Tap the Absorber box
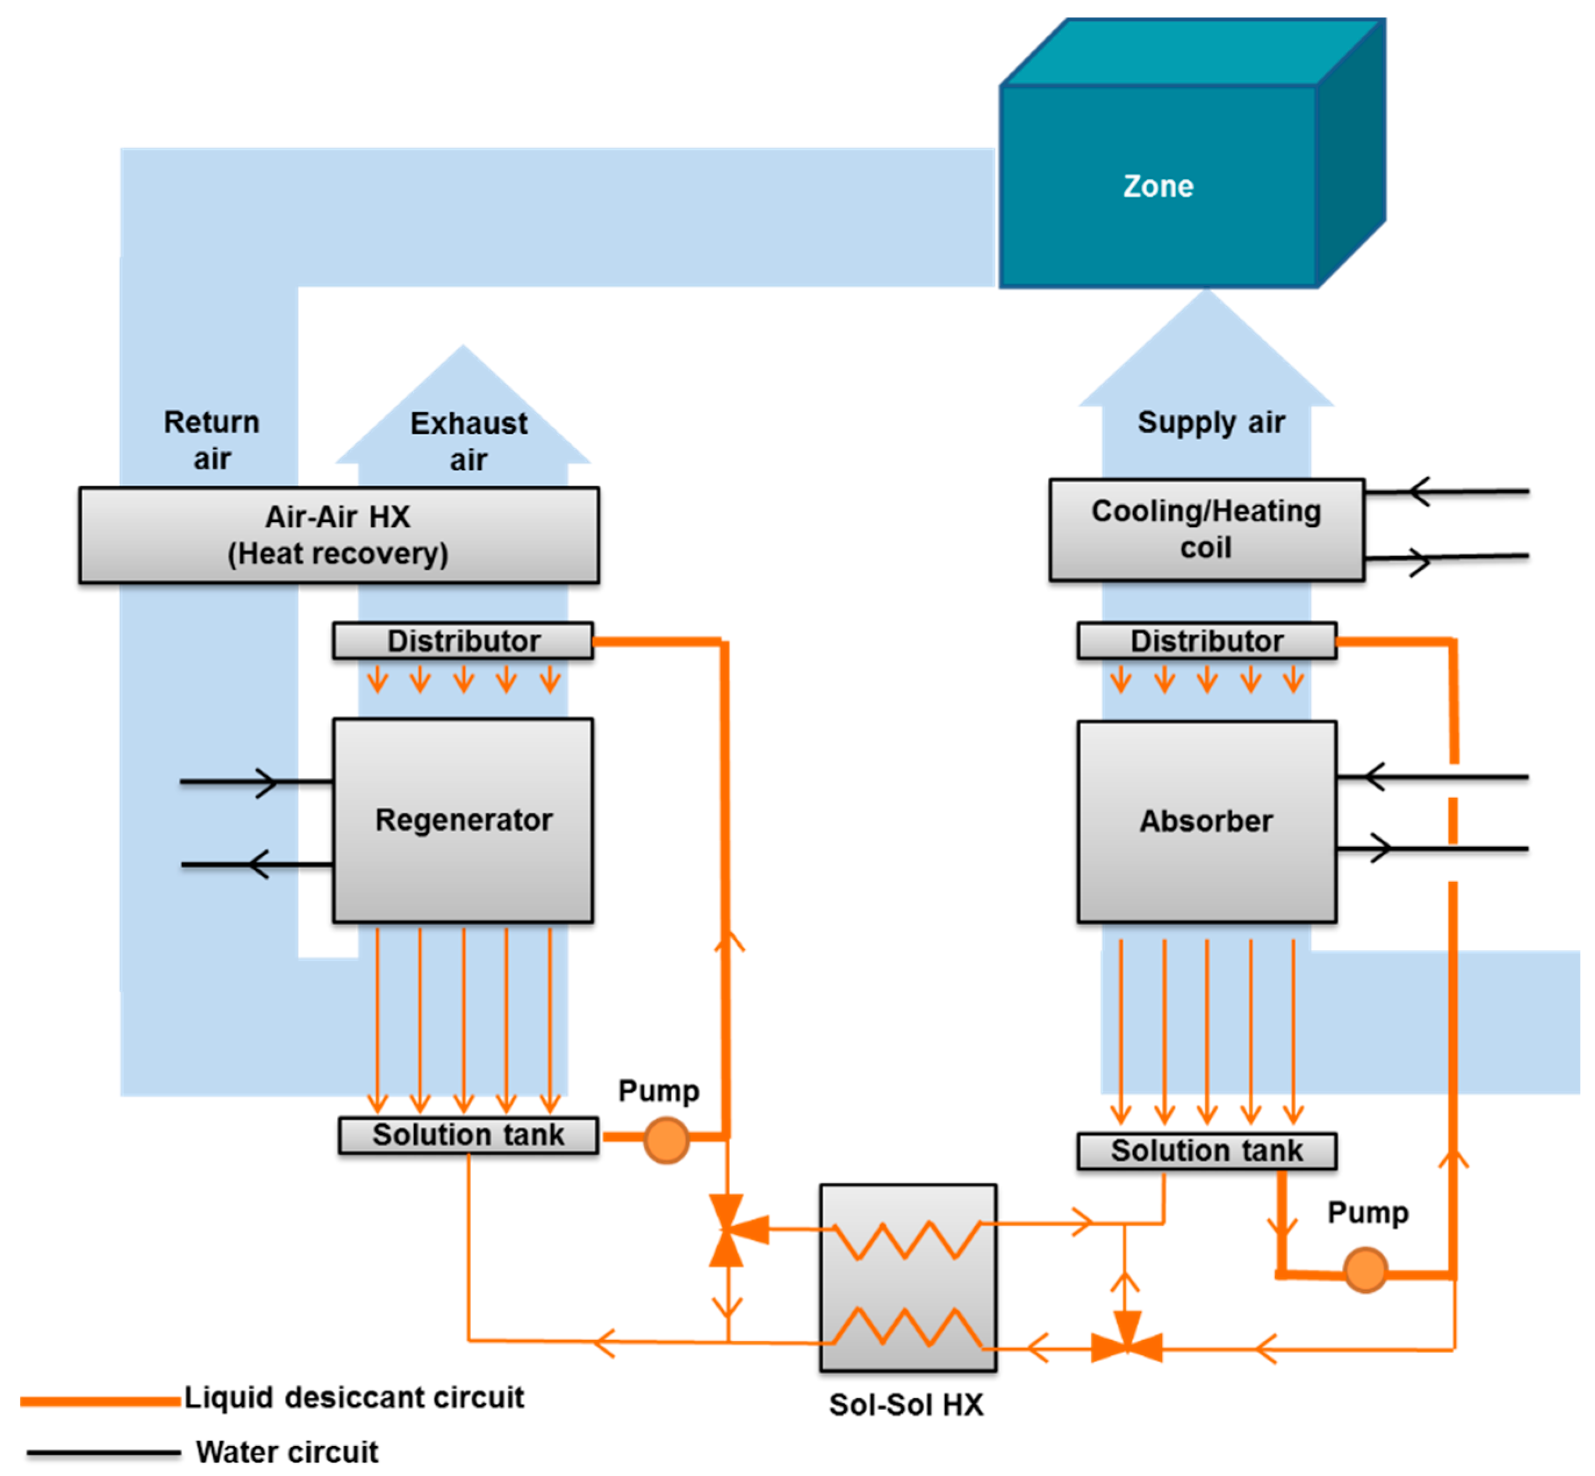pyautogui.click(x=1205, y=821)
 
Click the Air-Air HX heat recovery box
pyautogui.click(x=339, y=534)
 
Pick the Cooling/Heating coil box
pyautogui.click(x=1205, y=529)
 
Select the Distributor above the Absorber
pyautogui.click(x=1205, y=641)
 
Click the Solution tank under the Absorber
pyautogui.click(x=1205, y=1150)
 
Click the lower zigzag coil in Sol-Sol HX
pyautogui.click(x=907, y=1327)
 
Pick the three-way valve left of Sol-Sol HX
pyautogui.click(x=728, y=1230)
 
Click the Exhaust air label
pyautogui.click(x=468, y=441)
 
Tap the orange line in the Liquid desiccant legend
pyautogui.click(x=100, y=1401)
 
